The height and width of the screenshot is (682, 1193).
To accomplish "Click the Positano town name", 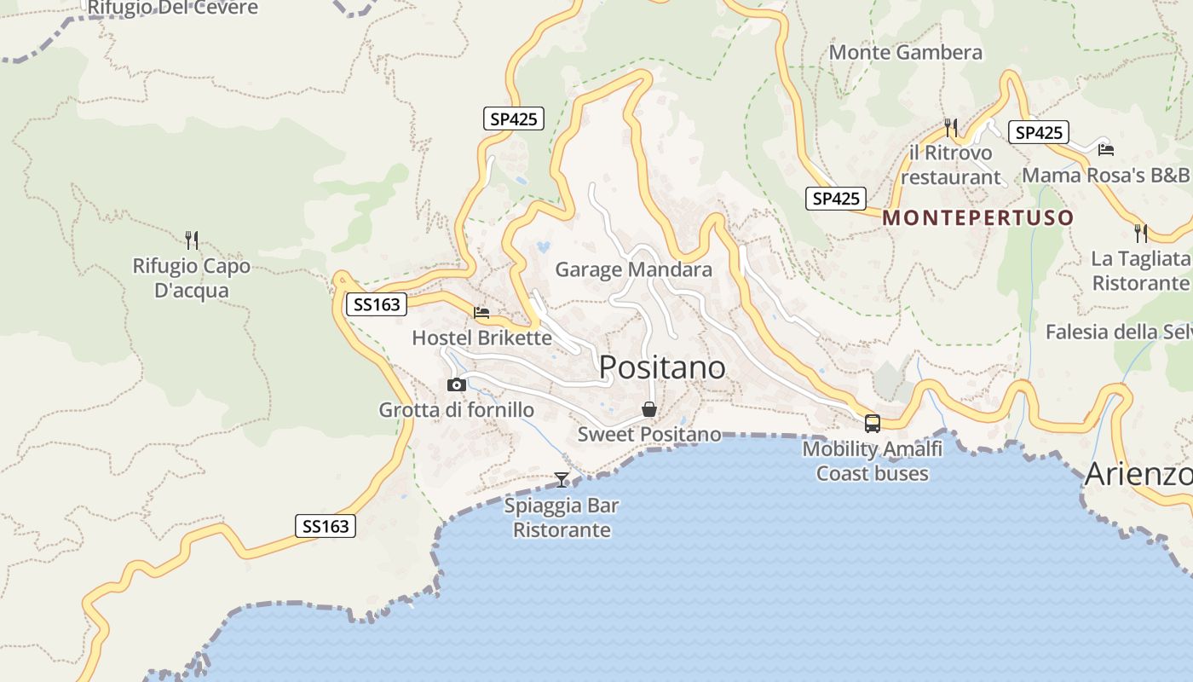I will coord(662,367).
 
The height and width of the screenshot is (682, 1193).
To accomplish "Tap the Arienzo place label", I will coord(1138,475).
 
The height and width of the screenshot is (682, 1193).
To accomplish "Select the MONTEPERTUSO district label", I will coord(977,217).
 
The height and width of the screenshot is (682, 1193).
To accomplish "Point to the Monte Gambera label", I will coord(905,53).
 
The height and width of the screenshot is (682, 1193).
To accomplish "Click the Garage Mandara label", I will coord(633,270).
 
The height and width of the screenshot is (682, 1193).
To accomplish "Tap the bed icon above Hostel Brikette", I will coord(481,313).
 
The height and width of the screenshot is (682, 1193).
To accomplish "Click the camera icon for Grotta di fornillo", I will coord(457,385).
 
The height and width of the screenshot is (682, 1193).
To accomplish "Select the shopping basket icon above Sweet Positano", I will coord(649,410).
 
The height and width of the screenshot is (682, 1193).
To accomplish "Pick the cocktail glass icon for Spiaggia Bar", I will coord(562,480).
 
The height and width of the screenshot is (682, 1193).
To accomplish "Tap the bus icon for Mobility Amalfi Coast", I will coord(872,423).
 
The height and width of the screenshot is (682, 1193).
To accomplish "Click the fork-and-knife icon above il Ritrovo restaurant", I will coord(951,128).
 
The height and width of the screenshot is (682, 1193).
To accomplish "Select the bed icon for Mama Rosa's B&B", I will coord(1106,150).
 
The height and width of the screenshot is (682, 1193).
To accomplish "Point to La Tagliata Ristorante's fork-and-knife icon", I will coord(1140,233).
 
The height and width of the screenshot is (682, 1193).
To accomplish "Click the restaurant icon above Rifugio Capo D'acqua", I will coord(192,240).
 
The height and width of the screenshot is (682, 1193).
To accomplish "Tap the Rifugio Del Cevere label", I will coord(173,9).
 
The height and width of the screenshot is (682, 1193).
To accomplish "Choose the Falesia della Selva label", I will coord(1118,332).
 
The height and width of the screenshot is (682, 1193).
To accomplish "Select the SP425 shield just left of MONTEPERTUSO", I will coord(835,199).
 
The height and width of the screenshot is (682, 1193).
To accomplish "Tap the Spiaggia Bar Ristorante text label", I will coord(562,517).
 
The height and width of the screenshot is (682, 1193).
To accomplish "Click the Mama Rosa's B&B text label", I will coord(1105,176).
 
